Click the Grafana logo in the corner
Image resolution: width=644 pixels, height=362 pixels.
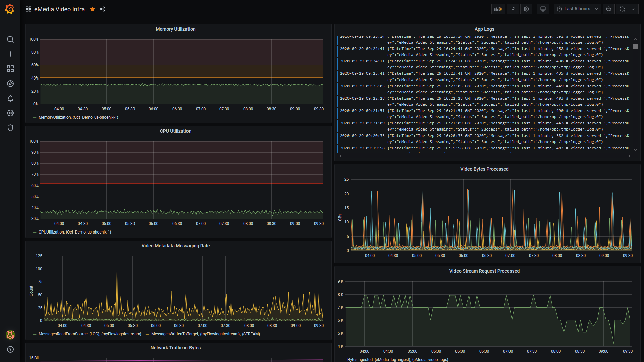point(10,9)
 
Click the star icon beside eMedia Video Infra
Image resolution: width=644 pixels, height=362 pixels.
point(92,9)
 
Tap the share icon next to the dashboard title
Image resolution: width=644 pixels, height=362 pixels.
point(102,9)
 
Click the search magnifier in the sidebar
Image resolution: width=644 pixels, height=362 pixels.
point(10,40)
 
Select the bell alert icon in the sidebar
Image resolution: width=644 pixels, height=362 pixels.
point(10,98)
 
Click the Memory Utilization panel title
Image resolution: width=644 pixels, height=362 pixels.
point(175,29)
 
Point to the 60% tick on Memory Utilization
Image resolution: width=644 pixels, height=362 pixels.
point(35,65)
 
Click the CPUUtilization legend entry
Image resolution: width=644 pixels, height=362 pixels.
point(74,232)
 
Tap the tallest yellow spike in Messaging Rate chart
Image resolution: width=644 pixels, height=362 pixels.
point(117,264)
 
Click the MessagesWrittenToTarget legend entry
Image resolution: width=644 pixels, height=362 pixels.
point(205,334)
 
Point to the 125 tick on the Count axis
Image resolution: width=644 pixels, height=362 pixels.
point(39,256)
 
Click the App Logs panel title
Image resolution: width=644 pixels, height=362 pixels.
point(484,29)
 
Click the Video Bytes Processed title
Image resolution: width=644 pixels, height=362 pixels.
point(484,169)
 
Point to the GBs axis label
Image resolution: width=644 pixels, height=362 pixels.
point(340,217)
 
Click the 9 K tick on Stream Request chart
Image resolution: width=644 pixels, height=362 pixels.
point(340,281)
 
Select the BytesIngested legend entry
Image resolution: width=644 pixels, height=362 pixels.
point(397,359)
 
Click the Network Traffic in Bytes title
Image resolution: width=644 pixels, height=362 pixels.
point(175,348)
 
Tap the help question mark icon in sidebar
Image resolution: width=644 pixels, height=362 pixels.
point(10,349)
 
